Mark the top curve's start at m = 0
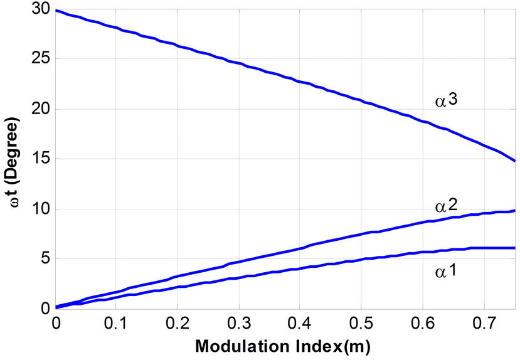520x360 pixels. coord(56,11)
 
